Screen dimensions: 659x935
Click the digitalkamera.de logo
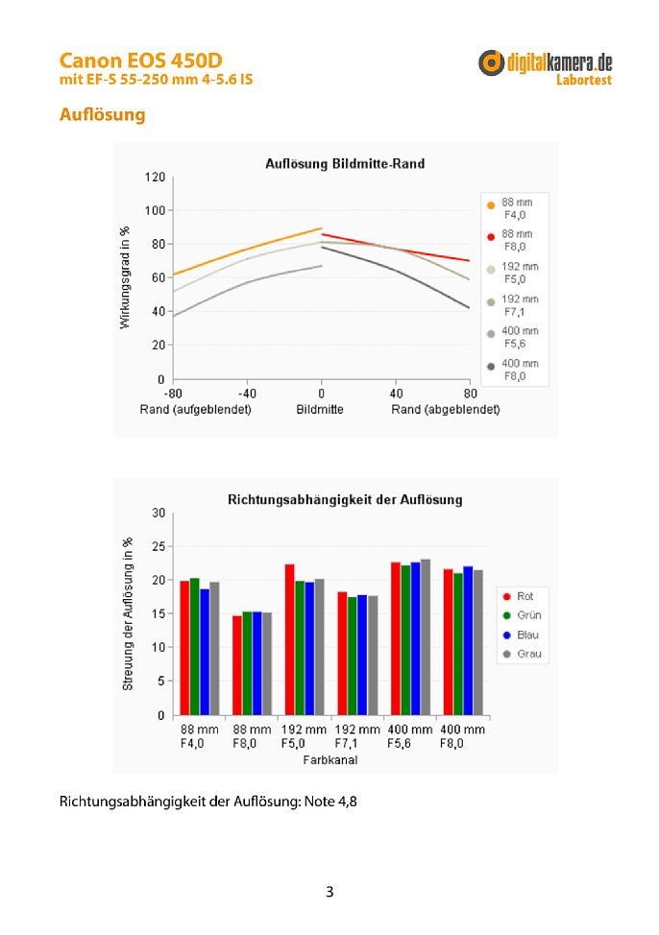coord(546,67)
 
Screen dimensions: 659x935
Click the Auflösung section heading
coord(102,114)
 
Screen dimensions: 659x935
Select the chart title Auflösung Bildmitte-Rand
coord(345,163)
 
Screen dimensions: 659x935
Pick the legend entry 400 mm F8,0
coord(513,370)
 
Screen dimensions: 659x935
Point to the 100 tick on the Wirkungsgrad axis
coord(155,210)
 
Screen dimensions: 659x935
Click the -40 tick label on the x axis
coord(247,394)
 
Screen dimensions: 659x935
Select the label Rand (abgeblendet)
coord(446,410)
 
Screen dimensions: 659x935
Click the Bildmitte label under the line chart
coord(320,410)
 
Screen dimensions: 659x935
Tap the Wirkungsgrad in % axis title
coord(124,277)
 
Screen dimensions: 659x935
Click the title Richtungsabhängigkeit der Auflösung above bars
coord(345,500)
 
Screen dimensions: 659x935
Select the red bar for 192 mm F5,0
coord(289,639)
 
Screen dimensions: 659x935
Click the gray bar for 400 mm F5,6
coord(425,636)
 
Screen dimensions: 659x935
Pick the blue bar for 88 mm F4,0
coord(205,652)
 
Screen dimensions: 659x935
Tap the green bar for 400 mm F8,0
coord(458,644)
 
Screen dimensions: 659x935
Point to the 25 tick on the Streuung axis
coord(159,546)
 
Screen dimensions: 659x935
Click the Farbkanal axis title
coord(330,759)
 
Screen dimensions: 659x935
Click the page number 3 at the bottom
coord(329,892)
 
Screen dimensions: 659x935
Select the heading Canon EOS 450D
coord(141,60)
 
